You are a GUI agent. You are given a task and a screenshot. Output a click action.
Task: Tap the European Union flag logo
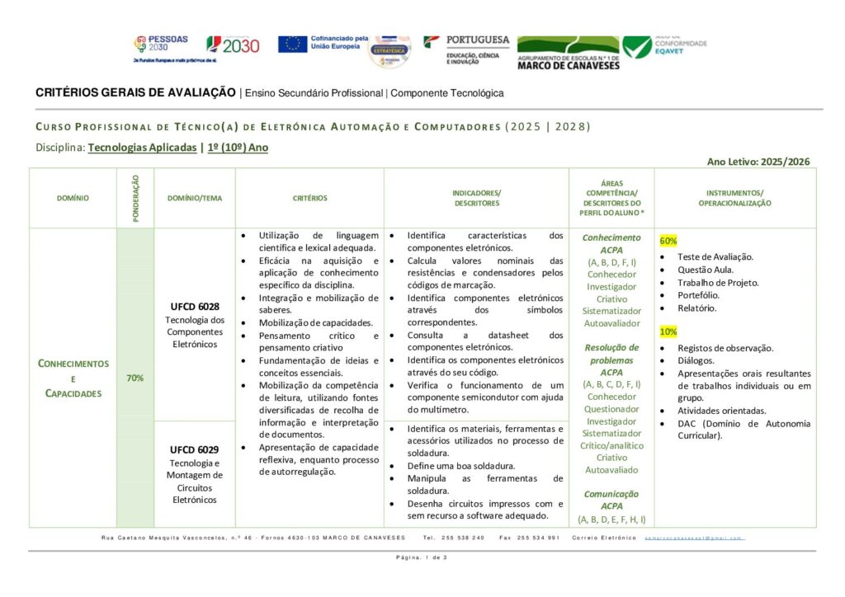click(293, 44)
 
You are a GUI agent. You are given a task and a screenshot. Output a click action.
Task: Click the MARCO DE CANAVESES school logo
click(568, 52)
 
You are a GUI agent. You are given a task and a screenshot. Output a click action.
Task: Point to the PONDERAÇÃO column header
click(135, 198)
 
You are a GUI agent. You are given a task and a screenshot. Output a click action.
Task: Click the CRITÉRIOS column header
click(309, 198)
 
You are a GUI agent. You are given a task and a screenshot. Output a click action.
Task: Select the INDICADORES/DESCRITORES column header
click(476, 198)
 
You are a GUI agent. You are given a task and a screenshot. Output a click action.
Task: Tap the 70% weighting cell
click(135, 378)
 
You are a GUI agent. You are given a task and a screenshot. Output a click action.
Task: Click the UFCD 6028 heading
click(194, 307)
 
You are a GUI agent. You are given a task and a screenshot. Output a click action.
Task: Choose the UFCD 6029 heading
click(194, 449)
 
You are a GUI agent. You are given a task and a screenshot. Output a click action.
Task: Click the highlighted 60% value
click(668, 241)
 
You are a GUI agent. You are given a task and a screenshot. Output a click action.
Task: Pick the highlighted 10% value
click(668, 331)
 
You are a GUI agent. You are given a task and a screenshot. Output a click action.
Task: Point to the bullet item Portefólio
click(697, 295)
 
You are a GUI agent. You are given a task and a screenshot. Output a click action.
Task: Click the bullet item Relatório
click(696, 308)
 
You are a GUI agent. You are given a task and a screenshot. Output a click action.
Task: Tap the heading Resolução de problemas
click(611, 353)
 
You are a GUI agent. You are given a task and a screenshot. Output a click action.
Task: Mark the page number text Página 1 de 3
click(422, 558)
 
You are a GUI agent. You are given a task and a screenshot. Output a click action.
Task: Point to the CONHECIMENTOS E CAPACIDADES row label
click(73, 378)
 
